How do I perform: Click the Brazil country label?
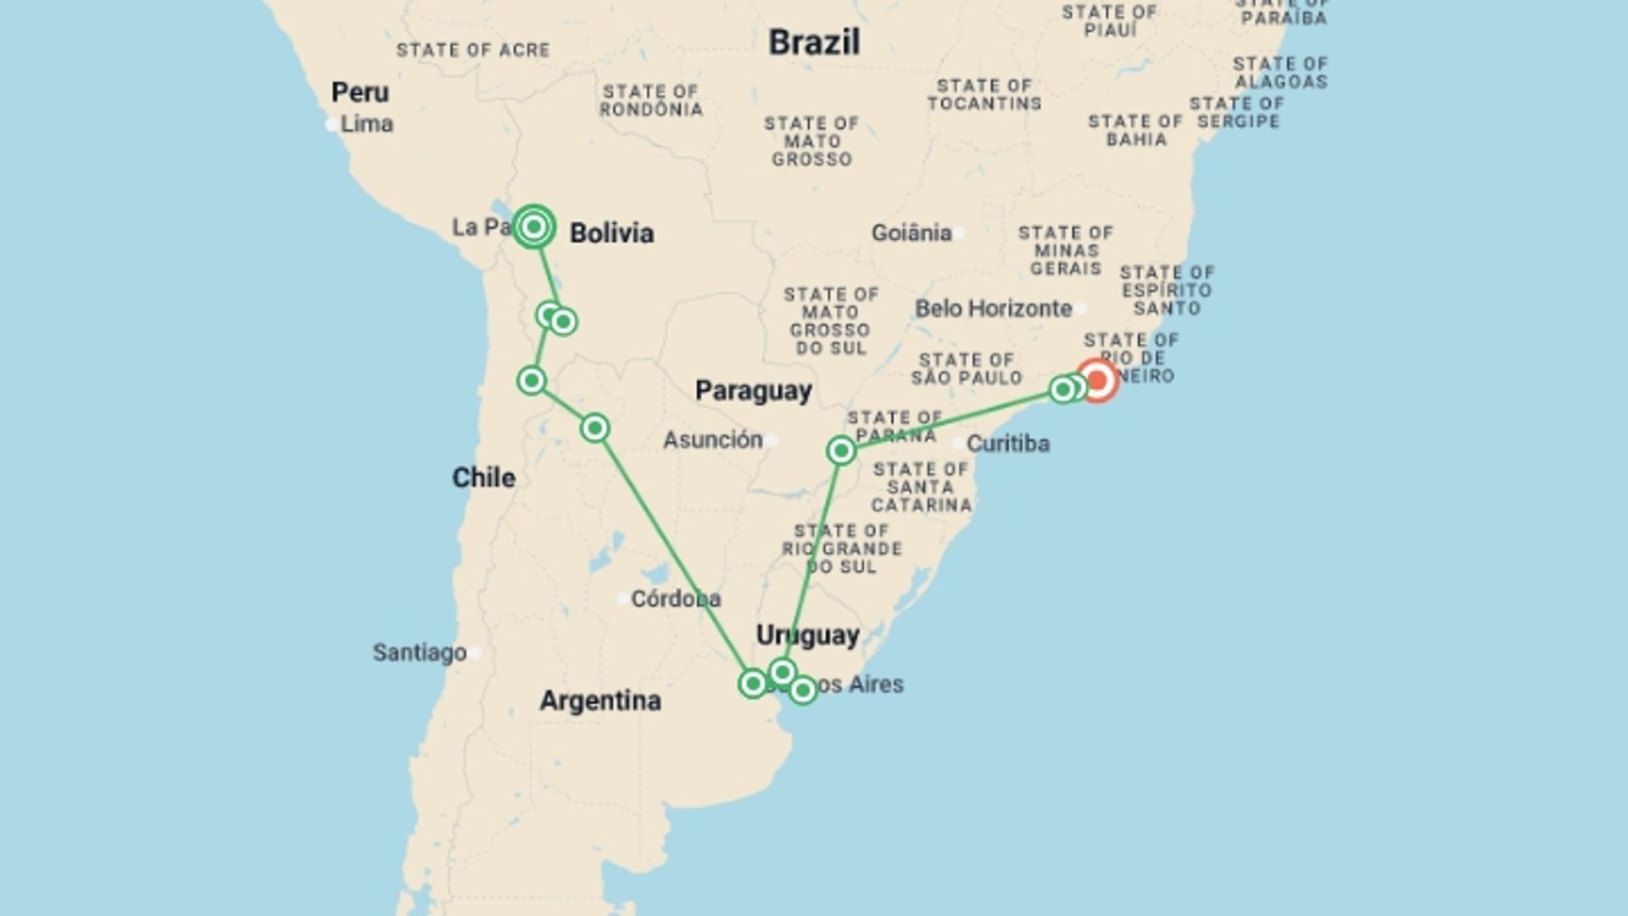pyautogui.click(x=814, y=42)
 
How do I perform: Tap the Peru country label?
pyautogui.click(x=360, y=92)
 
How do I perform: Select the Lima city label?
pyautogui.click(x=366, y=124)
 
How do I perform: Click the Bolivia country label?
pyautogui.click(x=611, y=233)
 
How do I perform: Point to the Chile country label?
pyautogui.click(x=483, y=478)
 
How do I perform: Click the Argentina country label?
pyautogui.click(x=600, y=701)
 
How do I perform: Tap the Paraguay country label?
pyautogui.click(x=753, y=390)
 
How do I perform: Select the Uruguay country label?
pyautogui.click(x=807, y=635)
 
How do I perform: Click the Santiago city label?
pyautogui.click(x=420, y=652)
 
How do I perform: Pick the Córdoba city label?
pyautogui.click(x=676, y=599)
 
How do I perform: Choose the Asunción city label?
pyautogui.click(x=713, y=440)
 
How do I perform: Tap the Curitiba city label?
pyautogui.click(x=1008, y=444)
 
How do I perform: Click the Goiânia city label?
pyautogui.click(x=912, y=232)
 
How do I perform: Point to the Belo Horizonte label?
pyautogui.click(x=993, y=309)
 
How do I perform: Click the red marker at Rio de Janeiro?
pyautogui.click(x=1097, y=381)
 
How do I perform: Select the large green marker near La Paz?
pyautogui.click(x=534, y=226)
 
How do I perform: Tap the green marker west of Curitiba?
pyautogui.click(x=841, y=450)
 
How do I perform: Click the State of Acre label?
pyautogui.click(x=473, y=51)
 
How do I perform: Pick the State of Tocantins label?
pyautogui.click(x=984, y=95)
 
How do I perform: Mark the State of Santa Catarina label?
pyautogui.click(x=921, y=487)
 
